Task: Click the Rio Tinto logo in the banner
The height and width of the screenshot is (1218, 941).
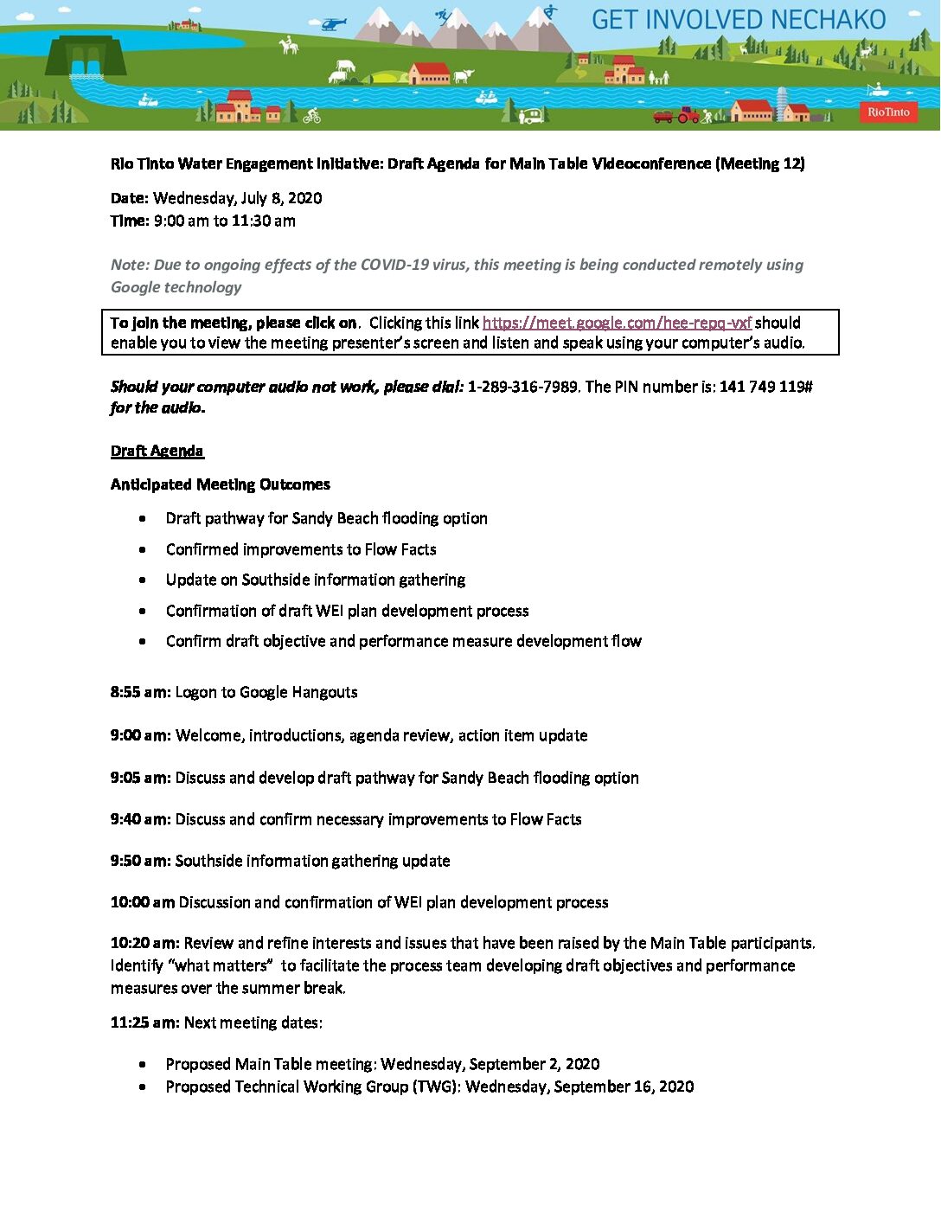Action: (888, 112)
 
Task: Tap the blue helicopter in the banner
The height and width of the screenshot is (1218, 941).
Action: (333, 23)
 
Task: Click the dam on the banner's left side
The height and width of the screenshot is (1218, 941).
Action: (85, 56)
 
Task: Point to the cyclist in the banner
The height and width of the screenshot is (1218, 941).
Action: (311, 115)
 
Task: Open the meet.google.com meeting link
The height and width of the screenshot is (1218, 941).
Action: (617, 323)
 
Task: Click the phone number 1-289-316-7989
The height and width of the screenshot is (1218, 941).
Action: (522, 387)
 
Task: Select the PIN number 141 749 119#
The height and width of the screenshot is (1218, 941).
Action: (765, 387)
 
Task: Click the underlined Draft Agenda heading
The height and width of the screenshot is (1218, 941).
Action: (157, 451)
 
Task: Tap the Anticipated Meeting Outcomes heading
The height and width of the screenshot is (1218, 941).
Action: (220, 484)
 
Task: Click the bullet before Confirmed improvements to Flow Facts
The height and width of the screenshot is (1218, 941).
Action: (143, 549)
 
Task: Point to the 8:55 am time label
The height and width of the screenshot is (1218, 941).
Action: (140, 692)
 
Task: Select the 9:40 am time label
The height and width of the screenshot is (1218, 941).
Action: (140, 819)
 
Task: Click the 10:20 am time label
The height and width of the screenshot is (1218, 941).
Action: (144, 943)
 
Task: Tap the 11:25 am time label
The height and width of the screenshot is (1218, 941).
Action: (144, 1022)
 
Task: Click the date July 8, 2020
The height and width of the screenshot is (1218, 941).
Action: (281, 198)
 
